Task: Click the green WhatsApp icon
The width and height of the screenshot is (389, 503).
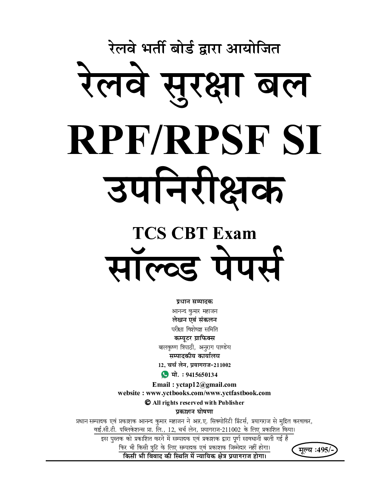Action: pos(165,374)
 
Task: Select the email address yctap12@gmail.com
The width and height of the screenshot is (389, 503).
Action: pos(206,385)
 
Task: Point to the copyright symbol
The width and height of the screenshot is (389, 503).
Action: pos(148,402)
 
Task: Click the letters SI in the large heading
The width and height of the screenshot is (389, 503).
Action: pos(302,140)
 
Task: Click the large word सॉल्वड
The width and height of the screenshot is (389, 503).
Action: pos(153,266)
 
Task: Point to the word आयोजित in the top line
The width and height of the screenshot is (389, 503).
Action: pos(253,49)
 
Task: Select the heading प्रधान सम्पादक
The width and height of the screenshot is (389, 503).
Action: pos(194,302)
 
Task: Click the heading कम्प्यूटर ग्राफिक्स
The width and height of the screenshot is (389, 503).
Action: pos(194,338)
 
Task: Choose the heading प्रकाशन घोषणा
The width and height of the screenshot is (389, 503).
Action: pos(194,412)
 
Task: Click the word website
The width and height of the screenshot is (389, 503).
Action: pos(129,393)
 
